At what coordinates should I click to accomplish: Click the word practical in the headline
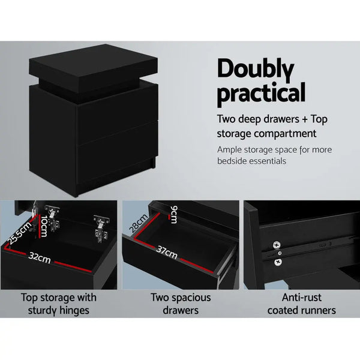click(x=261, y=94)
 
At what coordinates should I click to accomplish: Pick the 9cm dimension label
click(x=173, y=213)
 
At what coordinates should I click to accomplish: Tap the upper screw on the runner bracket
click(x=277, y=244)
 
